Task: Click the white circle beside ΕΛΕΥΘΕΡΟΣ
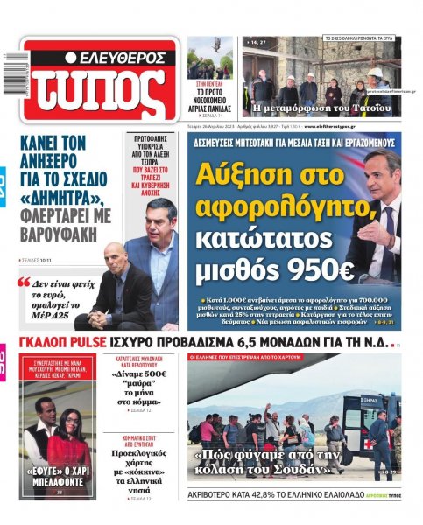coord(72,59)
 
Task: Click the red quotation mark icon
coord(24,283)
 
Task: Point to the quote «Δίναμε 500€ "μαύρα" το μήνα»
coord(140,389)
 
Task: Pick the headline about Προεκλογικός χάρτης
coord(140,472)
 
